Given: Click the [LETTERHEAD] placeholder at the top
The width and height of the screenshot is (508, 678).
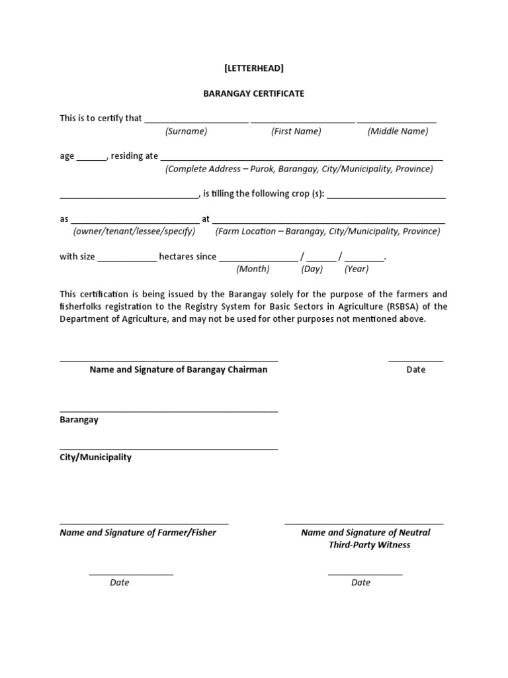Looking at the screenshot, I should [253, 68].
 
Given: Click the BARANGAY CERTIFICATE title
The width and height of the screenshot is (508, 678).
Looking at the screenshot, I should [253, 93].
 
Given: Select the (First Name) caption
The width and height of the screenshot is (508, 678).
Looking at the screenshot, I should [296, 131].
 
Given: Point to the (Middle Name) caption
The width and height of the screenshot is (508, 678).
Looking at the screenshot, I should [398, 131].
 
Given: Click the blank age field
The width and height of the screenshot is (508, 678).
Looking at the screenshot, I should [91, 158].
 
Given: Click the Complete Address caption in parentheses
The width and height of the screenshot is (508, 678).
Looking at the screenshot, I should [299, 169].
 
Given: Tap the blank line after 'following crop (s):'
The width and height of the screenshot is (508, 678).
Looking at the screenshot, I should [386, 195].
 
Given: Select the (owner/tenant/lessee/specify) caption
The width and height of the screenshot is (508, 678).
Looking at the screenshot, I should [134, 231].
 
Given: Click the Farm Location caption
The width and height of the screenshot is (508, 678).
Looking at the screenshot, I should [327, 231].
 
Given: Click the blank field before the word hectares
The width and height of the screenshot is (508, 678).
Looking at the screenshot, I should [127, 258].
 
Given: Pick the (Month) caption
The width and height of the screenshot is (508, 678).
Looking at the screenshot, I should [253, 269].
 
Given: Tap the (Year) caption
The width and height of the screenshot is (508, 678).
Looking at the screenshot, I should [357, 269].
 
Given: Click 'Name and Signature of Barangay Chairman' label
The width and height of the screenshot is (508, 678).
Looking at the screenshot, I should [179, 369].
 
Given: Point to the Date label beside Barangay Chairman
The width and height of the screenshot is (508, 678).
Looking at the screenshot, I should [415, 369].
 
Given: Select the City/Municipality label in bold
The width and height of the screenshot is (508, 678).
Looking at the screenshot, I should [95, 457].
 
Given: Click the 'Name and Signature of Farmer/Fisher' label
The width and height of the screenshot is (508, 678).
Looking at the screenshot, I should [138, 532].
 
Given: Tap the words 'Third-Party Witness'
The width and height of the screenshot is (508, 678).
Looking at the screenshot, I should [369, 545].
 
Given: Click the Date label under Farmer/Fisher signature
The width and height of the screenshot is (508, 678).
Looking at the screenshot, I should [119, 583].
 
